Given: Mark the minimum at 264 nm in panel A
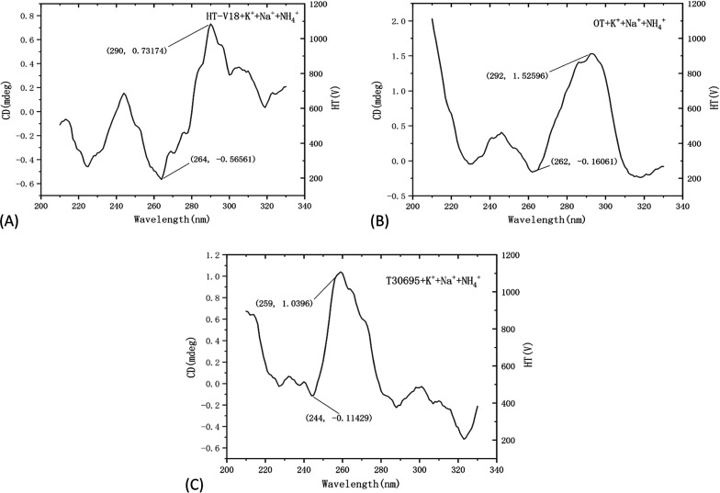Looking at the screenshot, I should [x=163, y=179].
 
